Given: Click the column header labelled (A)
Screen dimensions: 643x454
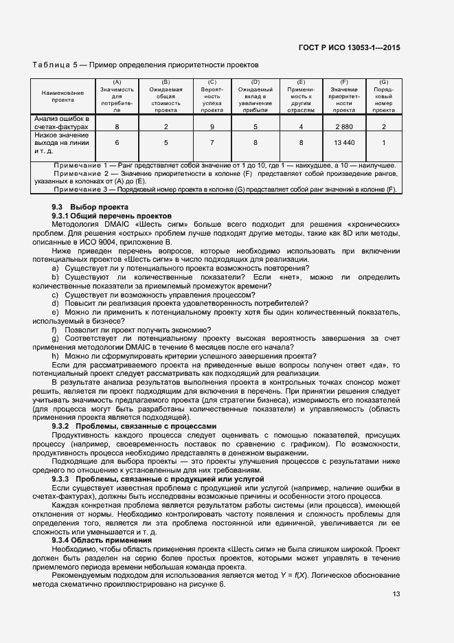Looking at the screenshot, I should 117,82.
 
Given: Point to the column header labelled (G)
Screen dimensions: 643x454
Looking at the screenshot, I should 383,82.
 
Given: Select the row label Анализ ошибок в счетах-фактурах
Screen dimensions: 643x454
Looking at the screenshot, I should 62,122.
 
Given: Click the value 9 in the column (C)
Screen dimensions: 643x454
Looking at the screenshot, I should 212,126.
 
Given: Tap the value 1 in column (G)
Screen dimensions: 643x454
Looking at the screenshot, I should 383,142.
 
